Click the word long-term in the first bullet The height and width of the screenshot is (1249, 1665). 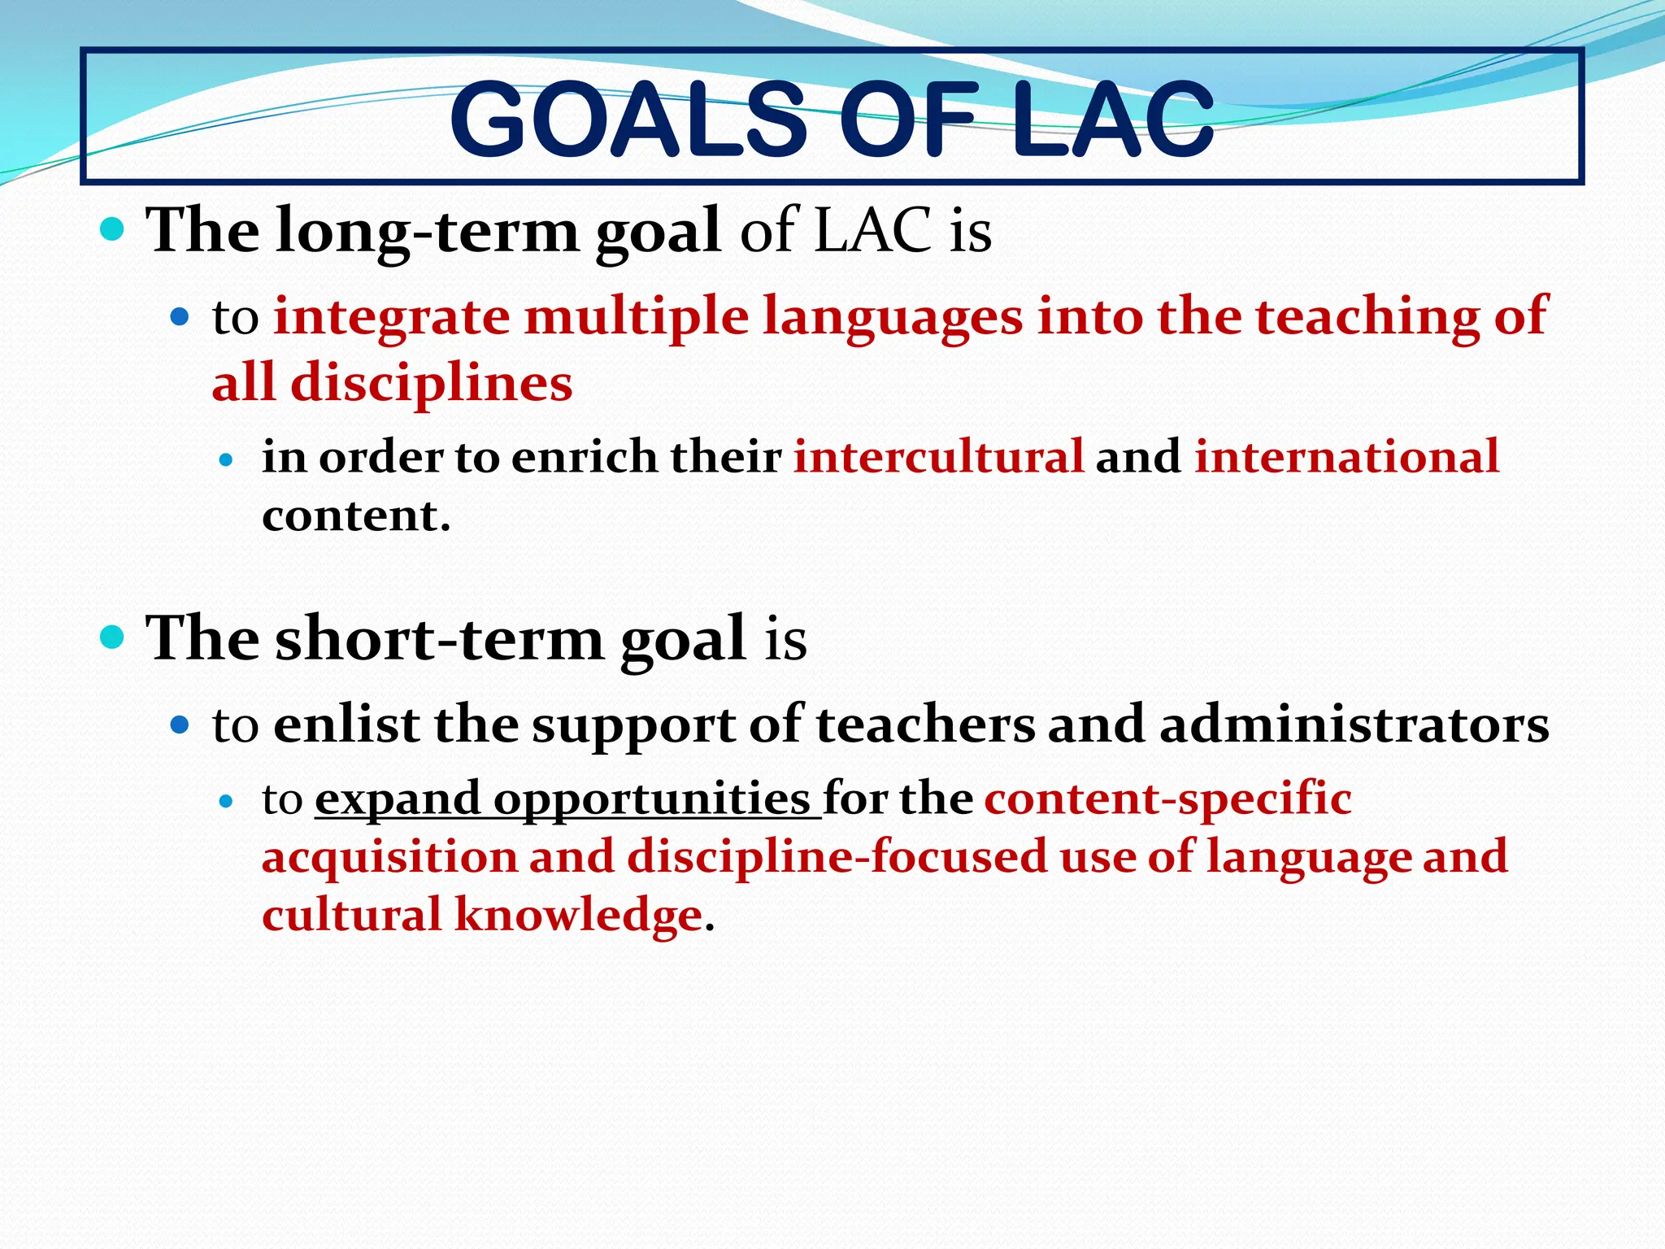(x=427, y=232)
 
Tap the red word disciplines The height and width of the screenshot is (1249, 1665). (x=432, y=383)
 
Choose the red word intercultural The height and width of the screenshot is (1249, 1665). (x=938, y=456)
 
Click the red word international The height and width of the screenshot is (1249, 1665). (x=1346, y=456)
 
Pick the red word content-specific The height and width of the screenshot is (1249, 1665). (x=1167, y=799)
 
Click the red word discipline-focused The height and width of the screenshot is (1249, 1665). (x=837, y=857)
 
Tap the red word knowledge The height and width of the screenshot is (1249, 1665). (x=578, y=916)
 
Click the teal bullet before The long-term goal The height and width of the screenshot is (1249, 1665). (x=112, y=230)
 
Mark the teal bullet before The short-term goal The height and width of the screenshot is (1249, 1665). (x=112, y=637)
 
